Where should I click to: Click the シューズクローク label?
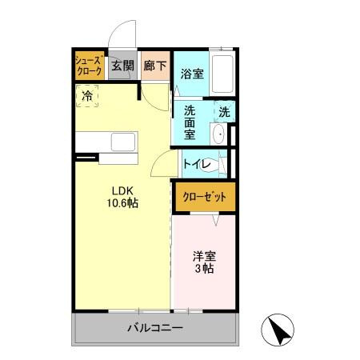(x=88, y=66)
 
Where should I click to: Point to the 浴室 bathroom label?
(x=191, y=74)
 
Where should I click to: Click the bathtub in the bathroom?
(x=222, y=74)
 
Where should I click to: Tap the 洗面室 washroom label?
(x=190, y=122)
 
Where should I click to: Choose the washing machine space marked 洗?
(x=225, y=112)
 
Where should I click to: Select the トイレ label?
(x=196, y=164)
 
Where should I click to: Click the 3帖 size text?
(x=202, y=270)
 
